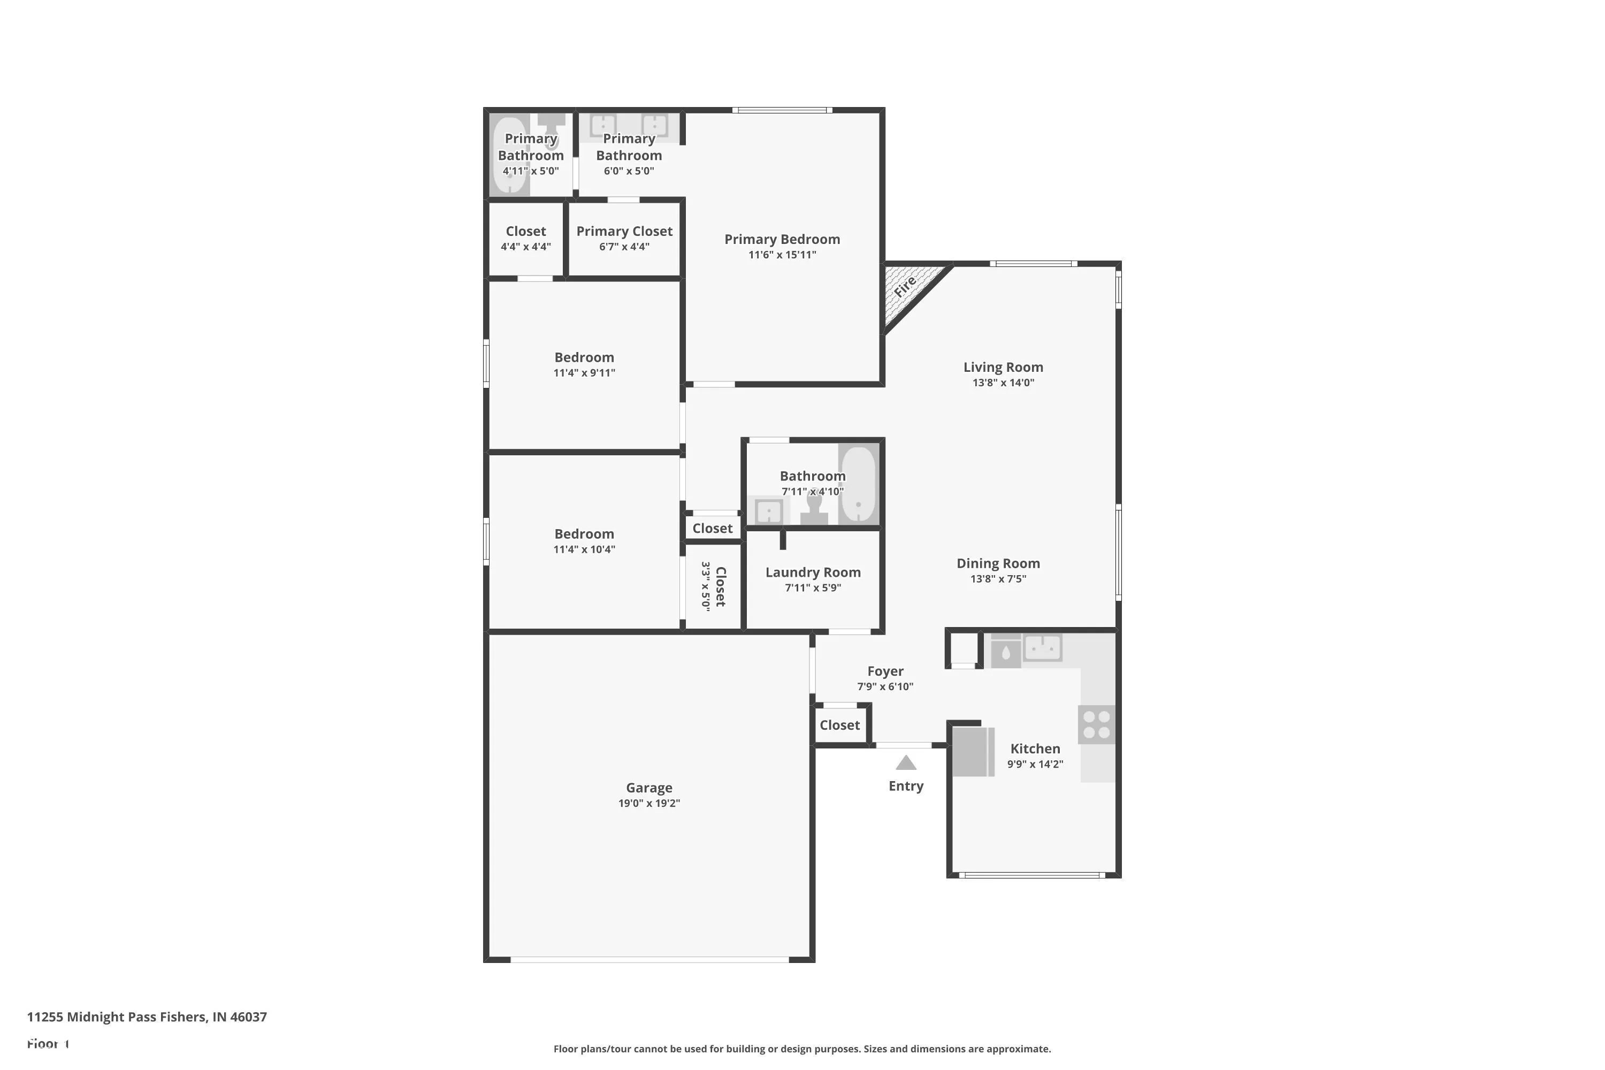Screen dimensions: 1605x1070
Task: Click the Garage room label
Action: coord(649,788)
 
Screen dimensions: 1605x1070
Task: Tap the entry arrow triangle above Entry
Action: coord(906,762)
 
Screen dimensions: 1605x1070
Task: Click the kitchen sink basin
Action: coord(1043,647)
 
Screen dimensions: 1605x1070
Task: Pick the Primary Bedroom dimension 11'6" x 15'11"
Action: coord(782,255)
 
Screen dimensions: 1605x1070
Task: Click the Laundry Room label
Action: coord(813,572)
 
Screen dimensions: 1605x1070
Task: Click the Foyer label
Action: coord(885,671)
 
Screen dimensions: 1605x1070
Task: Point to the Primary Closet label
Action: coord(624,231)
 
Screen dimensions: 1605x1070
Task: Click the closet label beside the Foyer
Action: coord(839,725)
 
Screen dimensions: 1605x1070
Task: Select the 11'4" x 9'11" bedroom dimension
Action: coord(584,372)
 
